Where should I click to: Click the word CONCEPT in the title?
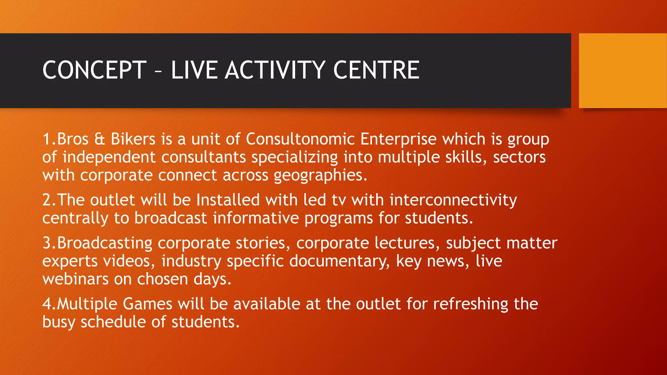(94, 70)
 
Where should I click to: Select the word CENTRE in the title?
(376, 70)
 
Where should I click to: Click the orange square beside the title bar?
(622, 70)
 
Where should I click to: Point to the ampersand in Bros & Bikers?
(100, 139)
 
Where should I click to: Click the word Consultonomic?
(300, 139)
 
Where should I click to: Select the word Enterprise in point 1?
(398, 139)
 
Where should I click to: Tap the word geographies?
(320, 176)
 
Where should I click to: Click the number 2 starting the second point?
(47, 200)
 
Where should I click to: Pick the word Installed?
(228, 200)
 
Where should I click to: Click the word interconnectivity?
(453, 200)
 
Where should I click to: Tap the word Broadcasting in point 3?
(105, 243)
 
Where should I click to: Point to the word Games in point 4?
(147, 304)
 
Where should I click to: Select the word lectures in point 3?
(406, 243)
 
